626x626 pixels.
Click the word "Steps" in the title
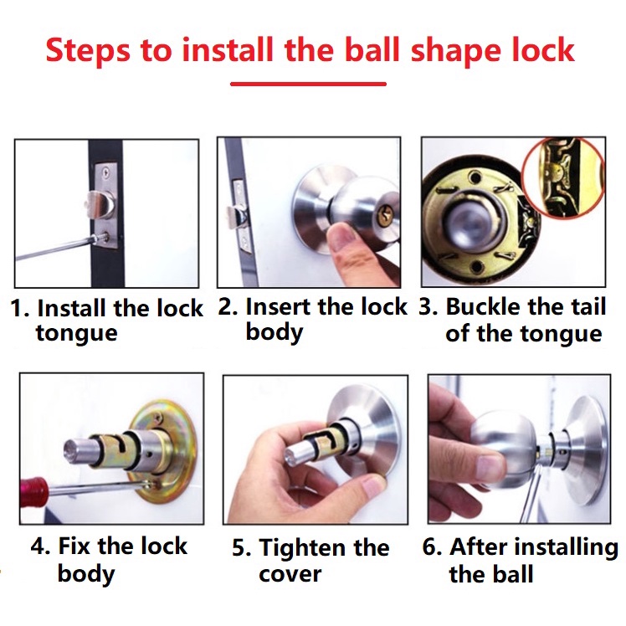pyautogui.click(x=88, y=52)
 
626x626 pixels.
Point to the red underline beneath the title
pyautogui.click(x=308, y=84)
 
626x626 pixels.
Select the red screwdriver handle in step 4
pyautogui.click(x=33, y=491)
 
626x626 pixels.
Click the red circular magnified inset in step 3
pyautogui.click(x=564, y=178)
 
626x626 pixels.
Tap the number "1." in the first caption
pyautogui.click(x=20, y=308)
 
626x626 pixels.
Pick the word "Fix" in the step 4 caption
pyautogui.click(x=74, y=546)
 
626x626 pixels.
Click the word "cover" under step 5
pyautogui.click(x=290, y=575)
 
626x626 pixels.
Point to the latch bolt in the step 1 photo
pyautogui.click(x=100, y=203)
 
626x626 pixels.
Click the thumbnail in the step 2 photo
pyautogui.click(x=342, y=235)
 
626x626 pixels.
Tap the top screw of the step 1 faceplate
pyautogui.click(x=105, y=172)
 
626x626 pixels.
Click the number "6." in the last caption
pyautogui.click(x=432, y=546)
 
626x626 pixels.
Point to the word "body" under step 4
pyautogui.click(x=86, y=574)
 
